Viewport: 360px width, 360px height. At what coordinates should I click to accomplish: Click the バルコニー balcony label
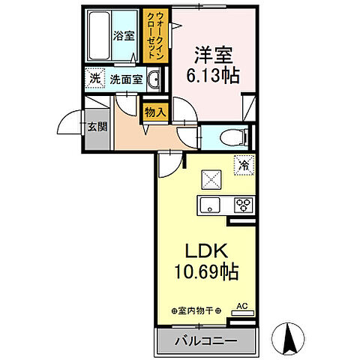(206, 341)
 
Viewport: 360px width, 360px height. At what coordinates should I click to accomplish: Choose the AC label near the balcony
(241, 305)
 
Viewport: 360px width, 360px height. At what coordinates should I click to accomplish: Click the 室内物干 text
(197, 309)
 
